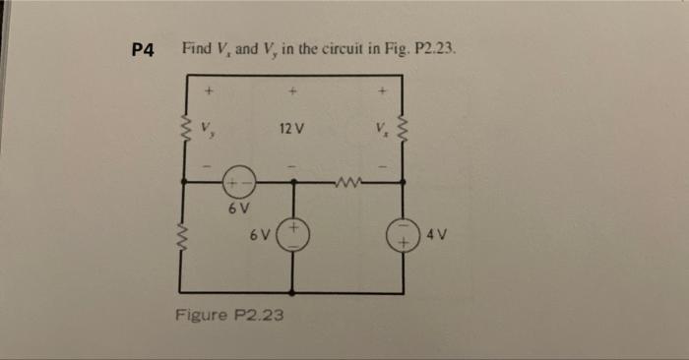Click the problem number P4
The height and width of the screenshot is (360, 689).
pos(144,50)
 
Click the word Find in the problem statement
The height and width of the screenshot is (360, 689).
pos(197,49)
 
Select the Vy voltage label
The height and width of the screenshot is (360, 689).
pos(206,128)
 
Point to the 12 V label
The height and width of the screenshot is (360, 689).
pos(291,128)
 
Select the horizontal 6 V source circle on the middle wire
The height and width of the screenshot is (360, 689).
pos(238,182)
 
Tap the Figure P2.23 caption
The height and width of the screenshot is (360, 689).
pos(229,315)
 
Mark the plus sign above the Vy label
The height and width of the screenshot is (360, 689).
pos(207,94)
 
